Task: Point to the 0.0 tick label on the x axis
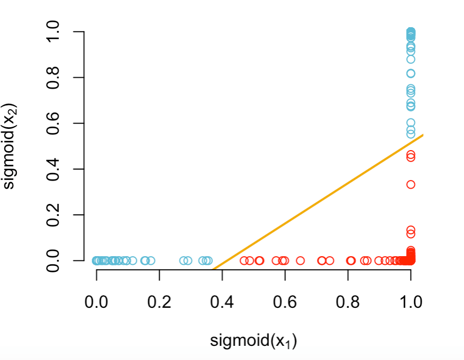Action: click(x=96, y=302)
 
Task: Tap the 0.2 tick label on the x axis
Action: click(x=159, y=302)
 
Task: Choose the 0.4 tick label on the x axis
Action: click(x=222, y=302)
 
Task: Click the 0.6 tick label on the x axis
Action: click(x=285, y=302)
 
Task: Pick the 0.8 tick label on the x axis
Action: click(x=348, y=302)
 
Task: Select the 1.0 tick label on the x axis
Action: click(x=411, y=302)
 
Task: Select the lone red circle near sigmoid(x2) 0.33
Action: click(x=411, y=184)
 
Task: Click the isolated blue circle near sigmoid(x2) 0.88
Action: click(x=411, y=59)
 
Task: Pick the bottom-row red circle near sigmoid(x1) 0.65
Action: click(x=300, y=260)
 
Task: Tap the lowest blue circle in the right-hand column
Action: click(x=411, y=134)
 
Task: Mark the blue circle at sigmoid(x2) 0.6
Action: click(x=411, y=123)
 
